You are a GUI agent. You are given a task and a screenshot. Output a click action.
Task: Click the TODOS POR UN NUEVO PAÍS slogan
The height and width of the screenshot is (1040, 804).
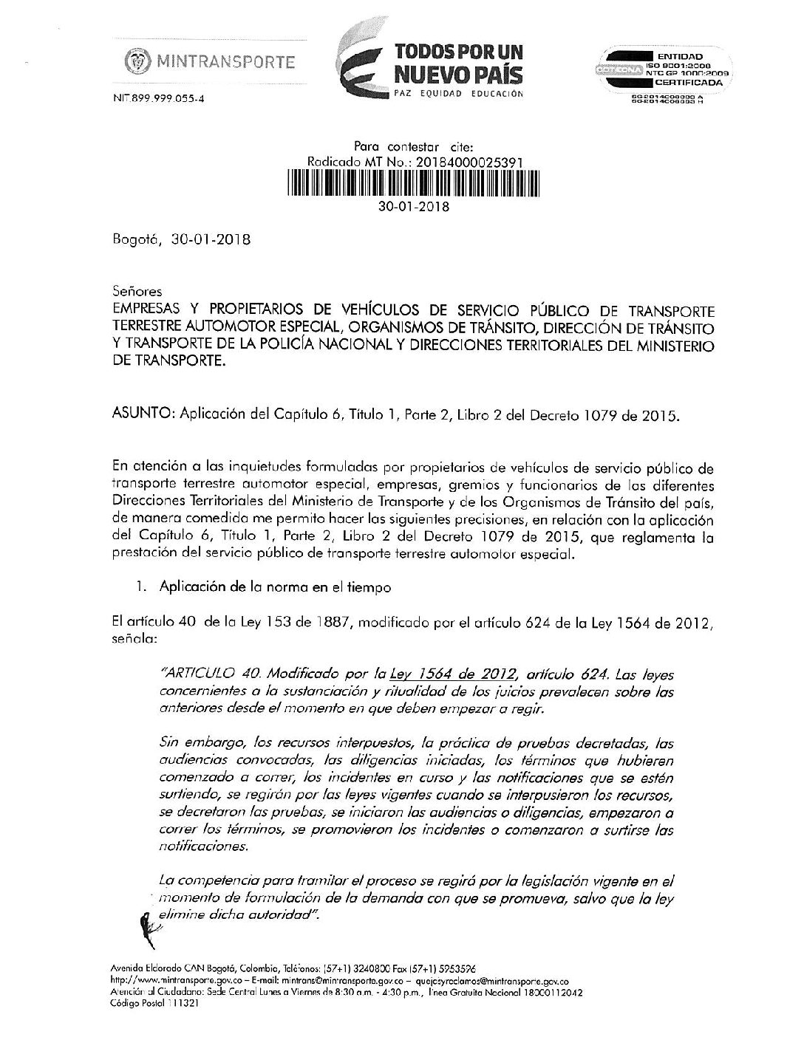[458, 63]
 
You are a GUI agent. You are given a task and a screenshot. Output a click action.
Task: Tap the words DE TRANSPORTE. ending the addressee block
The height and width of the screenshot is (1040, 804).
[168, 363]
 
